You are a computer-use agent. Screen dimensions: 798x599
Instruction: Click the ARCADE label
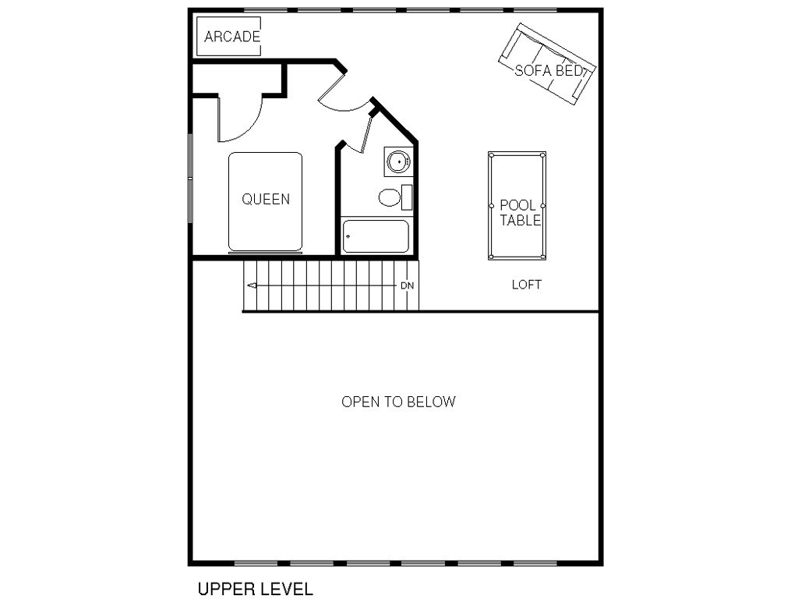point(232,37)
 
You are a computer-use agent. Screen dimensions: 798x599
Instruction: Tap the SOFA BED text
point(549,70)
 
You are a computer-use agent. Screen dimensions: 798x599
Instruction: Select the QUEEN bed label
point(266,199)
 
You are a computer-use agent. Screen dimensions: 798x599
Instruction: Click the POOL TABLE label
point(520,212)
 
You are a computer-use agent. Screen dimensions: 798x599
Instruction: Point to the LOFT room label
point(527,285)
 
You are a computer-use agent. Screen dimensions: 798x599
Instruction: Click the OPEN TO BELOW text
point(398,402)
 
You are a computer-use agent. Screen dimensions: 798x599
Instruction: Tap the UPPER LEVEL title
point(255,589)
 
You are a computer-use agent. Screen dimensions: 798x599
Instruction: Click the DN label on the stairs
point(407,285)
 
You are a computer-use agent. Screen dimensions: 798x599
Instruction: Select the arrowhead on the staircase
point(252,285)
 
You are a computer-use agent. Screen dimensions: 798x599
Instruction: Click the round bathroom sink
point(397,162)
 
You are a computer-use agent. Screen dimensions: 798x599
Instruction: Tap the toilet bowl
point(390,197)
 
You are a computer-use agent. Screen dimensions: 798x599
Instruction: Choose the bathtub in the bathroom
point(376,236)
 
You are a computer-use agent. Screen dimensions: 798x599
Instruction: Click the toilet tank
point(407,197)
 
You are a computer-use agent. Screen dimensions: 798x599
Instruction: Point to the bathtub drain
point(348,236)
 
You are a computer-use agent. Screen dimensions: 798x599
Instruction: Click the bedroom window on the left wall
point(190,179)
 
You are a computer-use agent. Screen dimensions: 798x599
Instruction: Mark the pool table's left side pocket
point(491,206)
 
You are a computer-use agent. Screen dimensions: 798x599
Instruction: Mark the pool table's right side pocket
point(543,206)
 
